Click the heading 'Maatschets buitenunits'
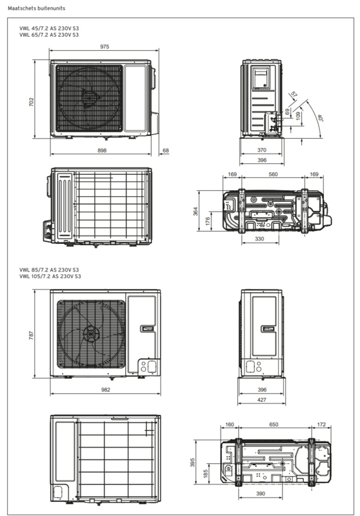pyautogui.click(x=37, y=8)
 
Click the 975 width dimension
pyautogui.click(x=105, y=46)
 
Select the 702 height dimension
pyautogui.click(x=31, y=102)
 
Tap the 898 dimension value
pyautogui.click(x=102, y=150)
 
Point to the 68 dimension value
pyautogui.click(x=166, y=150)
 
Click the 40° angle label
pyautogui.click(x=320, y=118)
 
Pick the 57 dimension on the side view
pyautogui.click(x=294, y=95)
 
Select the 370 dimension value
pyautogui.click(x=261, y=150)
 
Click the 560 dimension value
pyautogui.click(x=273, y=174)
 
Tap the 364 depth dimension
pyautogui.click(x=195, y=211)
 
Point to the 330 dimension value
pyautogui.click(x=259, y=239)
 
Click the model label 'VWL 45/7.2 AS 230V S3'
pyautogui.click(x=49, y=28)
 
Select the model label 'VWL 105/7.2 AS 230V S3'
pyautogui.click(x=50, y=276)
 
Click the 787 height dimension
pyautogui.click(x=31, y=335)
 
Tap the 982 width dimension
pyautogui.click(x=106, y=390)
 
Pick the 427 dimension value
pyautogui.click(x=262, y=399)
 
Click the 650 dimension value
pyautogui.click(x=274, y=424)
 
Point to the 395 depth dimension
pyautogui.click(x=193, y=462)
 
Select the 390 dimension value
pyautogui.click(x=260, y=493)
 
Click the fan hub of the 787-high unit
pyautogui.click(x=90, y=333)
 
